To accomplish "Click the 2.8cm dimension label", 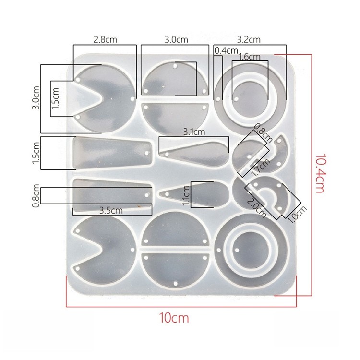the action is tap(105, 40).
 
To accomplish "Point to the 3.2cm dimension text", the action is tap(249, 40).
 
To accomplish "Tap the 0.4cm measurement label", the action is tap(226, 51).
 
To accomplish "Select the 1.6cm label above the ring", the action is tap(250, 57).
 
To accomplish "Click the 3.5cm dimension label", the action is tap(111, 210).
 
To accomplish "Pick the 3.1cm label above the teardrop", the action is tap(194, 132).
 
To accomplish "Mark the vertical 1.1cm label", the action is tap(186, 195).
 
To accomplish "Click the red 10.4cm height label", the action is tap(319, 173).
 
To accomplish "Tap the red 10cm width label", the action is tap(174, 318).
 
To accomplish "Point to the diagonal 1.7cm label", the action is tap(261, 167).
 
